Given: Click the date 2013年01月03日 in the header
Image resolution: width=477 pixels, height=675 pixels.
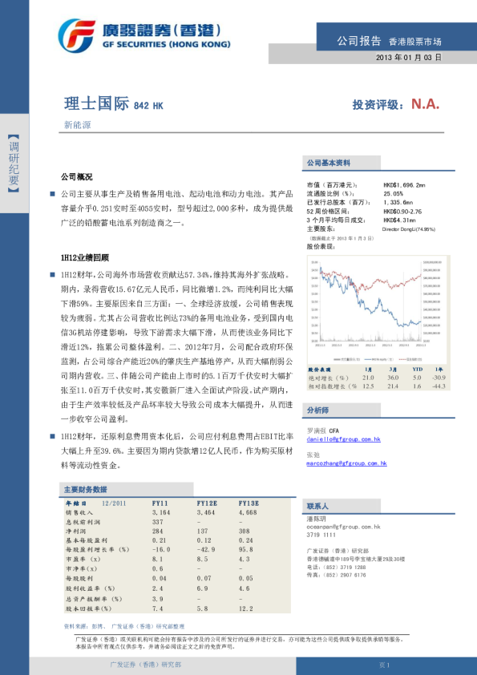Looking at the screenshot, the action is [x=409, y=59].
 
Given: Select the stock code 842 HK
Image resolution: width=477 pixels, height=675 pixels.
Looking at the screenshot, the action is [x=148, y=106].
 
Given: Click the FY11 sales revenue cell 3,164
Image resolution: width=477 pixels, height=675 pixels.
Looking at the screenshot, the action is [x=161, y=511].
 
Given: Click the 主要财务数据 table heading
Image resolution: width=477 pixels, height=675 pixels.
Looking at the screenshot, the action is [x=85, y=488].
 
